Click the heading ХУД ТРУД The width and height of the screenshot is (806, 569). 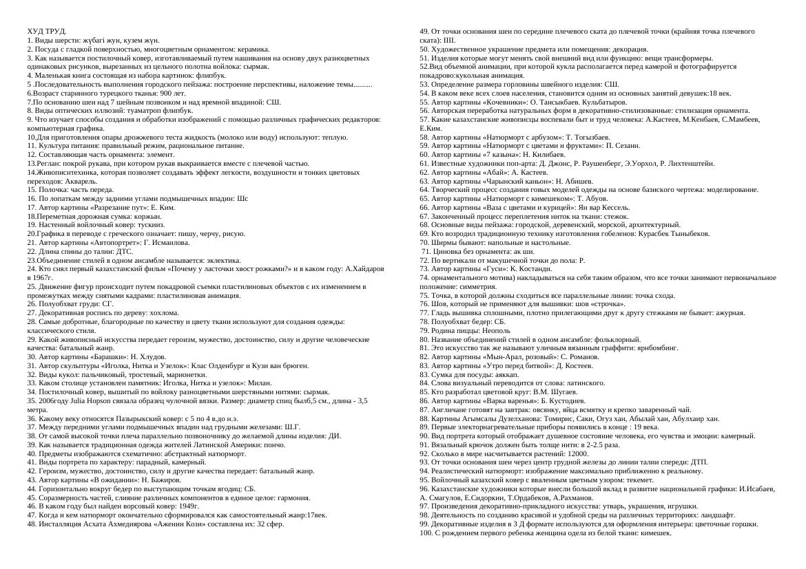pos(47,32)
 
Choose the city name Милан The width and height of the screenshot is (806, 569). pos(260,383)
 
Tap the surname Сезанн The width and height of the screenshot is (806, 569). pos(625,146)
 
